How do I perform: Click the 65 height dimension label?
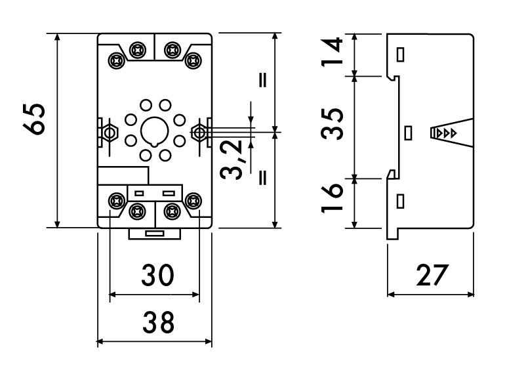(34, 119)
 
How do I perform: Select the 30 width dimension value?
(157, 275)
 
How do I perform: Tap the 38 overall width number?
(159, 322)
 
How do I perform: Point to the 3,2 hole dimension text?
(231, 159)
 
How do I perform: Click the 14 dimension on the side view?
(332, 52)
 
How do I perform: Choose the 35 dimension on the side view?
(332, 124)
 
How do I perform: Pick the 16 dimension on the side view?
(332, 198)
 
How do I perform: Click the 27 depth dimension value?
(432, 275)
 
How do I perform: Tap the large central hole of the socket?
(155, 131)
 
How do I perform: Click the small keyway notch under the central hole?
(155, 144)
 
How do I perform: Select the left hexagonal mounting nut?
(110, 133)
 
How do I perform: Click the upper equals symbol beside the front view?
(263, 80)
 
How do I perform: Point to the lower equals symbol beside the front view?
(263, 177)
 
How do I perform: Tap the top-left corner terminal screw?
(117, 60)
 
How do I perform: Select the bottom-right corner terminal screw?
(193, 201)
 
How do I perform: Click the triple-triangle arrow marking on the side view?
(446, 133)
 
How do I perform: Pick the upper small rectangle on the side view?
(400, 54)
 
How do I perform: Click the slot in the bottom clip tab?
(154, 234)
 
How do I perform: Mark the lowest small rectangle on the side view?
(400, 201)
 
